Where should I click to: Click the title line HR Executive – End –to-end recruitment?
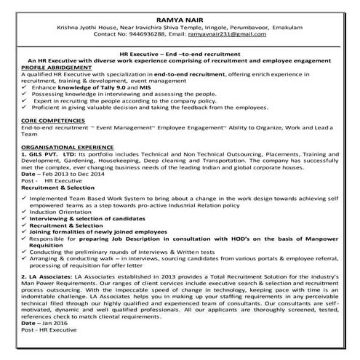183,53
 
